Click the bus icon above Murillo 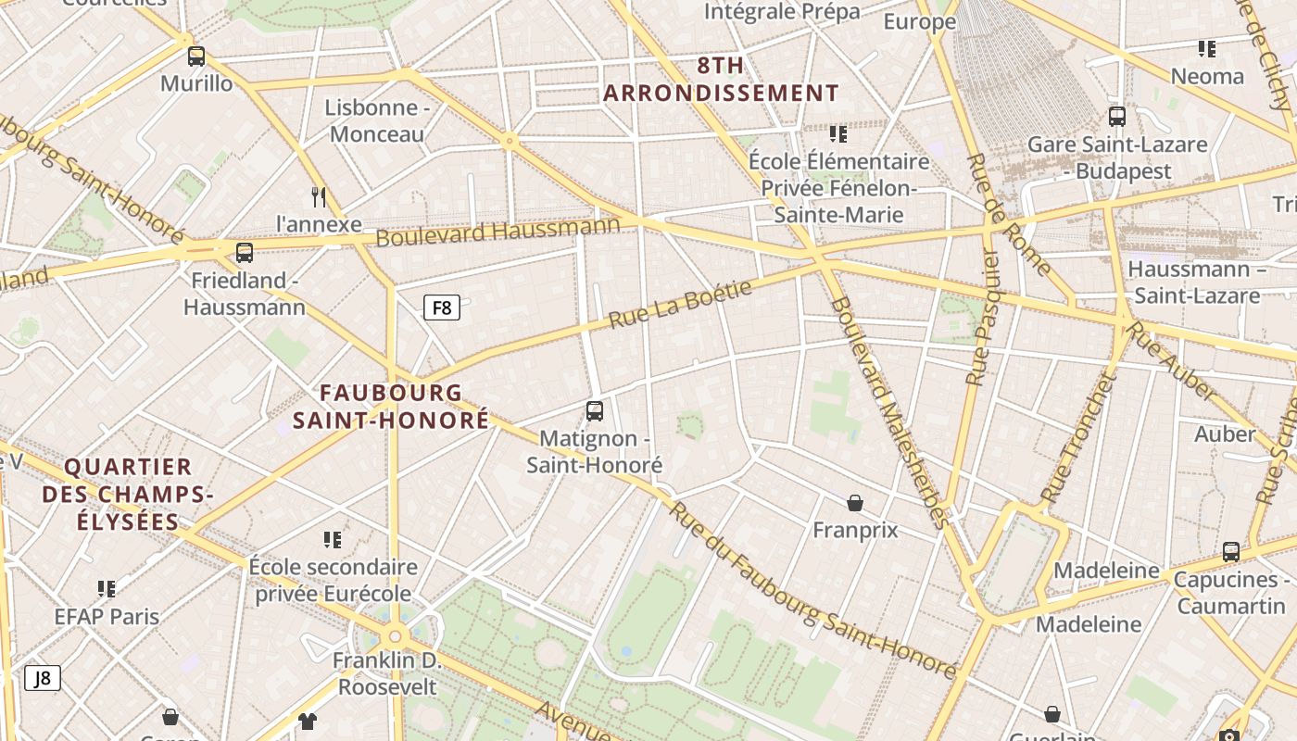click(196, 57)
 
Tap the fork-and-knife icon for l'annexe click(319, 196)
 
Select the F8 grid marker click(442, 308)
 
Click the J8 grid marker click(43, 678)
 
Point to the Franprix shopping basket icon click(855, 503)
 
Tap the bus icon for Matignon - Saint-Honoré click(595, 410)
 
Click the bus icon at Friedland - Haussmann click(245, 253)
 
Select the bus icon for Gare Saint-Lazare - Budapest click(1117, 117)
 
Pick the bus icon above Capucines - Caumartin click(1230, 552)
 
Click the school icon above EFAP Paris click(107, 589)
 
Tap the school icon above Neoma click(1206, 48)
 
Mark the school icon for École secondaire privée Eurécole click(333, 539)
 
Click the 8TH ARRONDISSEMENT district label click(721, 80)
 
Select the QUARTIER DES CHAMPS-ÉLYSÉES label click(128, 495)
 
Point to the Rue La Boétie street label click(680, 305)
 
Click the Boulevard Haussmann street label click(497, 232)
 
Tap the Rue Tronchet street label click(1077, 438)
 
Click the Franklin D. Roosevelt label click(387, 674)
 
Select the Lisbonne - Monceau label click(377, 120)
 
